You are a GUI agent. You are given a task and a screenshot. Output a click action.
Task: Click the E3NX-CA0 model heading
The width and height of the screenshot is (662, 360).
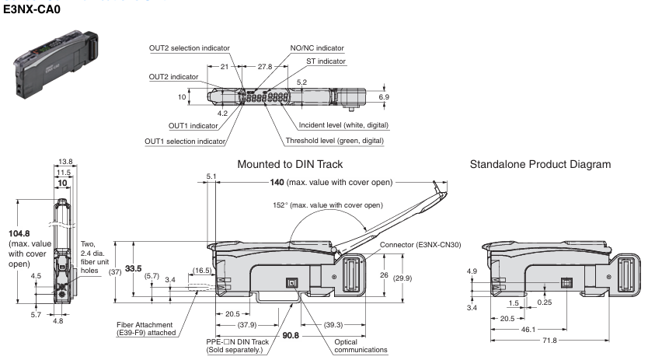click(x=32, y=9)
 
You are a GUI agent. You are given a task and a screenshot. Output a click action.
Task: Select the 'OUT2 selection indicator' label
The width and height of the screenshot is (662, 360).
click(x=189, y=48)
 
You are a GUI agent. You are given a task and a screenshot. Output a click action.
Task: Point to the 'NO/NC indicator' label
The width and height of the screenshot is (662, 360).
click(x=317, y=48)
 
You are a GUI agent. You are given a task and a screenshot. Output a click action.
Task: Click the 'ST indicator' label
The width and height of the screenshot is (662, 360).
click(x=326, y=61)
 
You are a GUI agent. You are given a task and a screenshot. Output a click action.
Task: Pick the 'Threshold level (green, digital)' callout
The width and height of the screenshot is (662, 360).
click(x=334, y=141)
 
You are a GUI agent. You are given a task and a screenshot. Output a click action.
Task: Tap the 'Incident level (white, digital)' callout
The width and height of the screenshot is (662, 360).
click(x=343, y=125)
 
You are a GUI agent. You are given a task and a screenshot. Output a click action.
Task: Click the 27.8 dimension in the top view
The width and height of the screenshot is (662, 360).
click(x=265, y=67)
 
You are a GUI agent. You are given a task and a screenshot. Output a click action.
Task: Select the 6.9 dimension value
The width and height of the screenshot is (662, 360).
click(x=384, y=97)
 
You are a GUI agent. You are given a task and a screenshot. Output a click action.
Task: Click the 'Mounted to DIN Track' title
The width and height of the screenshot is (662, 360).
click(x=290, y=164)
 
